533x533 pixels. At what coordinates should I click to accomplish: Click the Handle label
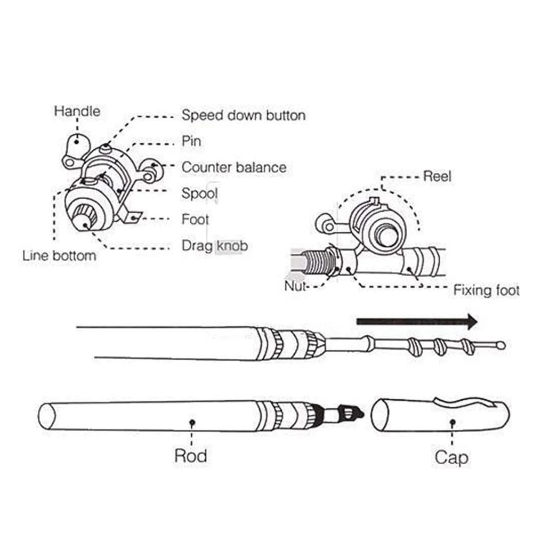click(x=77, y=111)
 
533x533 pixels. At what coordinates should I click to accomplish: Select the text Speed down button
click(x=244, y=115)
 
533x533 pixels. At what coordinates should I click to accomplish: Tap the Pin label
click(x=191, y=141)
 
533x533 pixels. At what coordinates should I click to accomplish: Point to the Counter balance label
click(x=234, y=167)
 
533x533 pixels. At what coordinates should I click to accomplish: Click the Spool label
click(x=199, y=193)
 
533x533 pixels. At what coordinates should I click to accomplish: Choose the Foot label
click(x=195, y=219)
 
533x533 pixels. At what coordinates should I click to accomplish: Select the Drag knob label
click(x=215, y=246)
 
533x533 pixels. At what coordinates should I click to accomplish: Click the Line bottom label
click(x=59, y=255)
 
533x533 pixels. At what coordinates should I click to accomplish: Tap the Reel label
click(x=437, y=176)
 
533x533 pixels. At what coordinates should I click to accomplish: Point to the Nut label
click(x=295, y=287)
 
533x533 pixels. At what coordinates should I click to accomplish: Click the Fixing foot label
click(x=486, y=290)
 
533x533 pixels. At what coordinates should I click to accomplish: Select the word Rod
click(x=191, y=456)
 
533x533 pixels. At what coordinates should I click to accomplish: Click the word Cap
click(x=451, y=457)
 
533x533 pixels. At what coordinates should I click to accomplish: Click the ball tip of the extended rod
click(x=500, y=345)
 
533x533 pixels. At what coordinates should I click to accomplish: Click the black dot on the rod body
click(x=191, y=422)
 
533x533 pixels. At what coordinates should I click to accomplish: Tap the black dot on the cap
click(x=452, y=422)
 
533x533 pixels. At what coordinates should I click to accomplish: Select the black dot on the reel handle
click(x=78, y=142)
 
